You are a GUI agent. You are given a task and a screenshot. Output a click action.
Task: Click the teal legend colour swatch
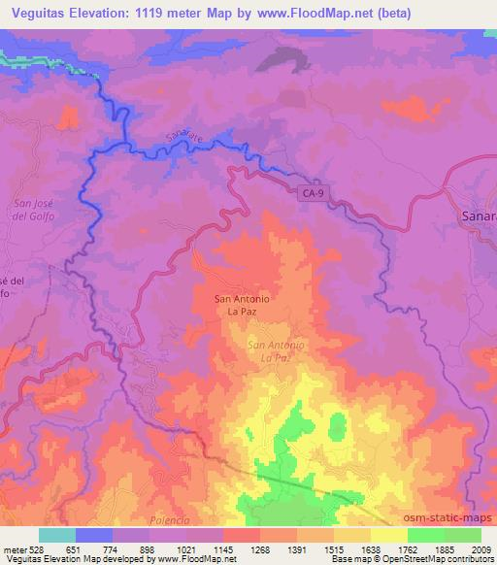(x=56, y=535)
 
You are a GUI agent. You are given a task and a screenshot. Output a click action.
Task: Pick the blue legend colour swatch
(x=94, y=535)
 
